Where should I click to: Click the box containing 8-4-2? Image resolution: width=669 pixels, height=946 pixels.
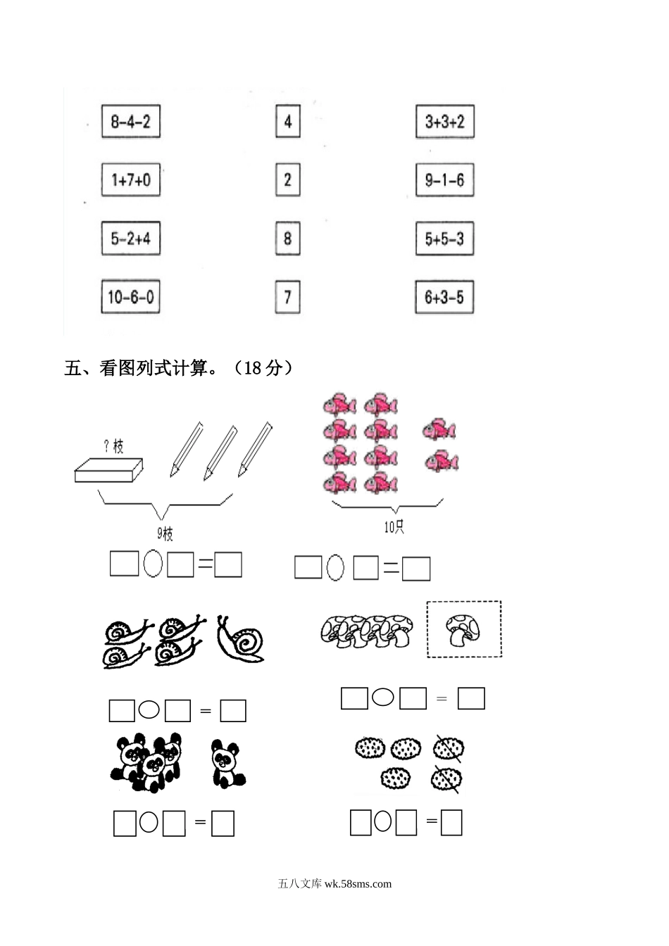pyautogui.click(x=130, y=122)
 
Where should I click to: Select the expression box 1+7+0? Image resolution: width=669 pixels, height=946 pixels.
pyautogui.click(x=130, y=180)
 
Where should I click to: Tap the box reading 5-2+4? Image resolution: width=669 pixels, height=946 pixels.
pyautogui.click(x=130, y=239)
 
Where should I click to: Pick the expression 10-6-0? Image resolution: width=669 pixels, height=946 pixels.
pyautogui.click(x=130, y=297)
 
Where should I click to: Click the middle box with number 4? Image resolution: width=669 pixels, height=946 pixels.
pyautogui.click(x=287, y=122)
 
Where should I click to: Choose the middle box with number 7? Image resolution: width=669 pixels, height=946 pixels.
pyautogui.click(x=287, y=297)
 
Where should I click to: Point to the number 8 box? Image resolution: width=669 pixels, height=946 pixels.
pyautogui.click(x=287, y=239)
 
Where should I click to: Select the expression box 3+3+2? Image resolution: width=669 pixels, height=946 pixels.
pyautogui.click(x=444, y=122)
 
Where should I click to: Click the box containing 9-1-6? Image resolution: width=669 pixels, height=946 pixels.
pyautogui.click(x=444, y=180)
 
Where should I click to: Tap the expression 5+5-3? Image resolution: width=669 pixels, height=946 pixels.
pyautogui.click(x=444, y=239)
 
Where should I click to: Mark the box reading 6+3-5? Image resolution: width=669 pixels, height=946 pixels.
pyautogui.click(x=444, y=297)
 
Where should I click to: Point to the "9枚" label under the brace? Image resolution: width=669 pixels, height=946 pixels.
pyautogui.click(x=165, y=534)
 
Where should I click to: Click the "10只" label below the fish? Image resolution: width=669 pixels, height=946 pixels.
pyautogui.click(x=394, y=527)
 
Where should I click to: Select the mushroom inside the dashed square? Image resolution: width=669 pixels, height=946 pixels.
pyautogui.click(x=463, y=629)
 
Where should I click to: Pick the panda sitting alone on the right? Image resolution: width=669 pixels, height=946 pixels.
pyautogui.click(x=227, y=764)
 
